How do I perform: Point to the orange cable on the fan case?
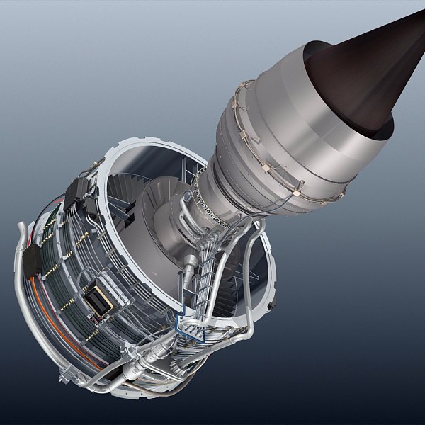[53, 312]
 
